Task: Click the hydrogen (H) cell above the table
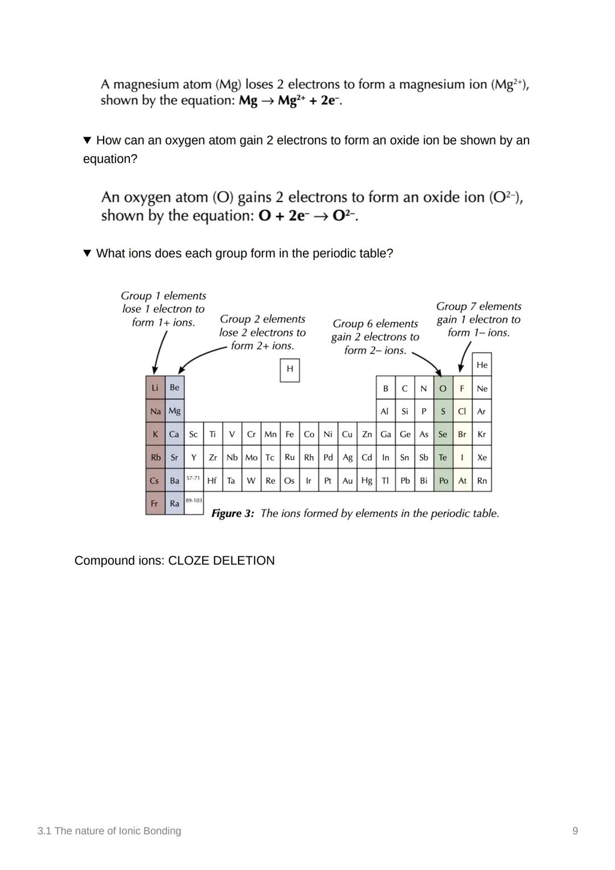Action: tap(290, 370)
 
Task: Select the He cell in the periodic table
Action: tap(482, 365)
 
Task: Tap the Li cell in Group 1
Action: tap(155, 388)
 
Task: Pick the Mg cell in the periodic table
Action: tap(174, 411)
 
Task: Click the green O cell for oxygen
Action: tap(443, 388)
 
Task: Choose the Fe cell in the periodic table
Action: tap(289, 434)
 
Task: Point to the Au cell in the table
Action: tap(347, 481)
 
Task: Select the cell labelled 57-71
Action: tap(194, 479)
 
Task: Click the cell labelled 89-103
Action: tap(194, 501)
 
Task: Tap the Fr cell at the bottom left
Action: tap(154, 503)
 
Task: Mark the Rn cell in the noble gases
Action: tap(482, 481)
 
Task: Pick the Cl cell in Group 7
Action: tap(462, 411)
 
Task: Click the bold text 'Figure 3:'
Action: tap(232, 514)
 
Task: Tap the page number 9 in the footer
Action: tap(575, 831)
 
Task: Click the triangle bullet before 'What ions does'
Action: tap(87, 253)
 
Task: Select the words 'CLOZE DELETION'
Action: tap(221, 561)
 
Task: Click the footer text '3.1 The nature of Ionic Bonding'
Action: tap(109, 831)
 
